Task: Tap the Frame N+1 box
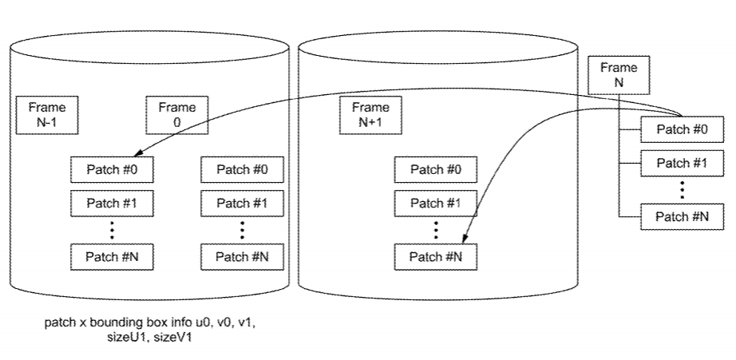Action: pos(370,115)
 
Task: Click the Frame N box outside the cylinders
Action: pos(619,76)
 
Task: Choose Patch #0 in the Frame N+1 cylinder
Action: pos(435,169)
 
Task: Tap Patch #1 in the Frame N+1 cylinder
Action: pos(435,204)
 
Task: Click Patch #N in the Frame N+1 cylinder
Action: pos(435,256)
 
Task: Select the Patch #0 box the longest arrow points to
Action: pos(112,169)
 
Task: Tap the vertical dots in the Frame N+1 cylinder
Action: pos(435,230)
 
